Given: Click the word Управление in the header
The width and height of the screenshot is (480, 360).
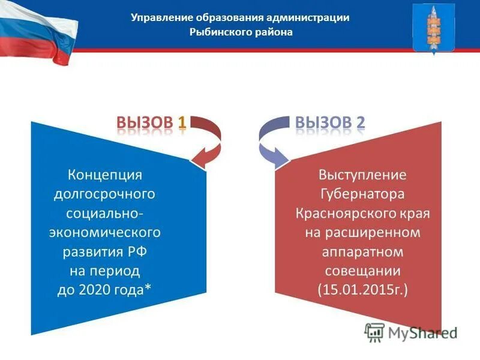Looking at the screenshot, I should [x=159, y=17].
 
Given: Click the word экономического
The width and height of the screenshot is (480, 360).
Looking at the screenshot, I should [x=104, y=232].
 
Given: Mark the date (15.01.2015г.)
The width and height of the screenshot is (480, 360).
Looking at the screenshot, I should [x=362, y=290].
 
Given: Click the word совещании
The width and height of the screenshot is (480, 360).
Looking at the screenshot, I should [x=362, y=271].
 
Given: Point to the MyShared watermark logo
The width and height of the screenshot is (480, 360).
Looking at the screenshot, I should [x=410, y=332].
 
